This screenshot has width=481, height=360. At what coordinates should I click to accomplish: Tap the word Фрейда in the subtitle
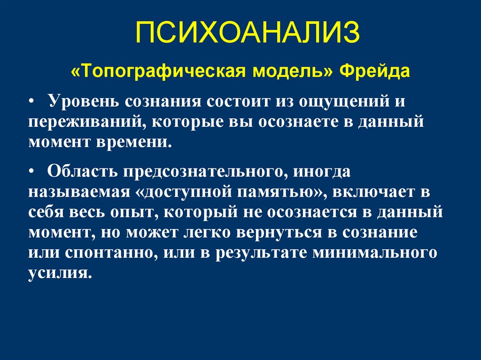tap(374, 72)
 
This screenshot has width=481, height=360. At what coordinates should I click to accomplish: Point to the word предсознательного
tap(199, 172)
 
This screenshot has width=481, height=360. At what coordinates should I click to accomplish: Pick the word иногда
tap(323, 172)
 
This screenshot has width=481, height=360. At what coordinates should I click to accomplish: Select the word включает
tap(375, 193)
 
